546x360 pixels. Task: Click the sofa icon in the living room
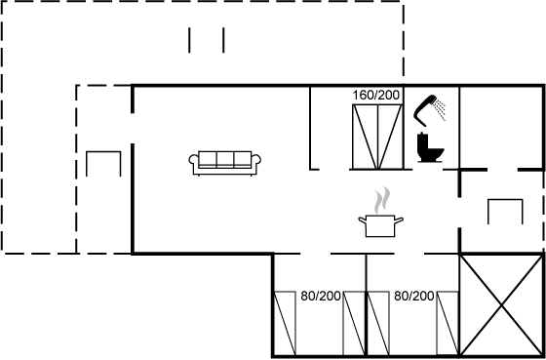(225, 163)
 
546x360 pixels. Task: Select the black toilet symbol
(430, 147)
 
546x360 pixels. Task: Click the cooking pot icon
(380, 225)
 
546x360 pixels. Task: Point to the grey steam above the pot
(382, 200)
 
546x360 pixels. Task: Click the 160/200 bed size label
(375, 96)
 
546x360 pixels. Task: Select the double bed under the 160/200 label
(377, 137)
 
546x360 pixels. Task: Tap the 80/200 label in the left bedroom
(321, 297)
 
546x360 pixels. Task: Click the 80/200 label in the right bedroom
(414, 297)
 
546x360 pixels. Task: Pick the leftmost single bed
(285, 323)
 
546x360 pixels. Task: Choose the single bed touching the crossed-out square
(448, 323)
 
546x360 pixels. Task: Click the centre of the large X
(501, 305)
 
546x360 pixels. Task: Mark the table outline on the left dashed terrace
(103, 152)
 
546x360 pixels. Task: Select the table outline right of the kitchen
(505, 200)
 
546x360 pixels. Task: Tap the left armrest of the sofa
(194, 164)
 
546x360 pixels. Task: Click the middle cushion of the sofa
(225, 159)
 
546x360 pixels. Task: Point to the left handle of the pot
(363, 220)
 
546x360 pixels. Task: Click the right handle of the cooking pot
(399, 220)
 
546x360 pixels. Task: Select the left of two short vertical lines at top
(189, 40)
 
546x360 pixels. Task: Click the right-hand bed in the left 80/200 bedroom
(354, 323)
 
